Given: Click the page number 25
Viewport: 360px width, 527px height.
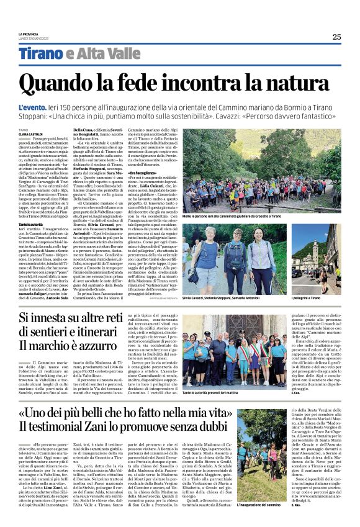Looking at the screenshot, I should point(336,37).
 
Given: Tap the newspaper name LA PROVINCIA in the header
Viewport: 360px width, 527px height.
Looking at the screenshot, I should point(29,34).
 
